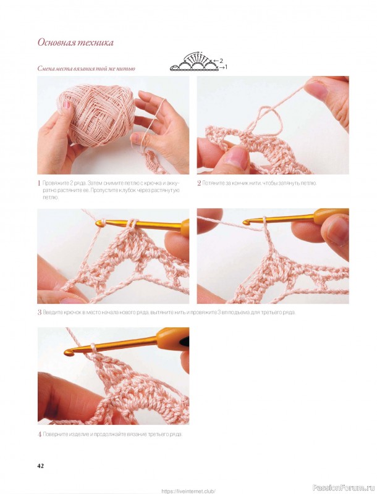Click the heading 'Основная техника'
[x=75, y=42]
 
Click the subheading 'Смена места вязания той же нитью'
[x=86, y=68]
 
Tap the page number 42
[x=40, y=466]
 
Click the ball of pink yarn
[x=96, y=116]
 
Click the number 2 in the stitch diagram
[x=221, y=61]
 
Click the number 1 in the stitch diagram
[x=226, y=67]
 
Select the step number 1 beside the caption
[x=39, y=183]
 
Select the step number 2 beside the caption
[x=199, y=183]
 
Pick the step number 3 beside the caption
[x=40, y=313]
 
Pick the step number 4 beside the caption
[x=40, y=435]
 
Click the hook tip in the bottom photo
[x=69, y=352]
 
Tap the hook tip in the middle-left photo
[x=100, y=224]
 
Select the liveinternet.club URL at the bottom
[x=188, y=491]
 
